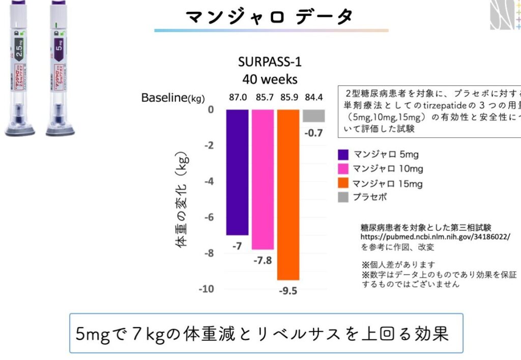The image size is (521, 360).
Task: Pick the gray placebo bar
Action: click(314, 115)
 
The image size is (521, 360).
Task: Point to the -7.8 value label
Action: click(262, 260)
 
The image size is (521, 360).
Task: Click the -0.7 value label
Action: click(314, 134)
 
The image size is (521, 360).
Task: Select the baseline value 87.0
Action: click(238, 96)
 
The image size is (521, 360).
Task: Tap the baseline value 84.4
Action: click(314, 96)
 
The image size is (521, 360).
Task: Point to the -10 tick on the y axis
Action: click(205, 289)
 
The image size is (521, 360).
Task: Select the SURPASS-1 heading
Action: click(270, 62)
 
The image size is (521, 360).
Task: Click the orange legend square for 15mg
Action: click(343, 183)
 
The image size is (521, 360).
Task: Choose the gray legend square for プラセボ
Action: click(343, 197)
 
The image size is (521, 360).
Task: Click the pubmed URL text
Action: click(435, 236)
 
